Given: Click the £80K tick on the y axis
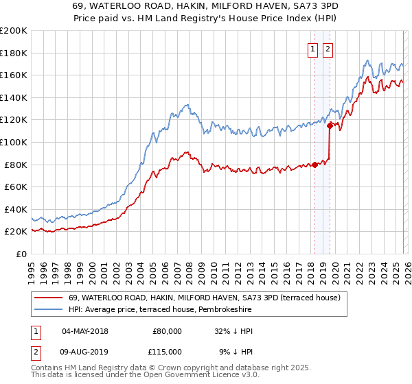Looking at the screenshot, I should click(x=14, y=165).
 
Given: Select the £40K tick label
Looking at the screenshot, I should click(x=14, y=209).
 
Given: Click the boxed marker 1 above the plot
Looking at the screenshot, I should click(x=313, y=49).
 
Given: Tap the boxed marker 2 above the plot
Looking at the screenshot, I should click(x=328, y=49).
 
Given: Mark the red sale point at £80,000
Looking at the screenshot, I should click(x=314, y=165).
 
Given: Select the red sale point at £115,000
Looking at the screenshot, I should click(x=330, y=125).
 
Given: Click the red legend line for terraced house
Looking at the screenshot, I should click(x=48, y=298).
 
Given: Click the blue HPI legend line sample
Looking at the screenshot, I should click(x=48, y=310).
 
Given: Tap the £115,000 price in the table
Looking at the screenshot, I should click(x=166, y=352).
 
